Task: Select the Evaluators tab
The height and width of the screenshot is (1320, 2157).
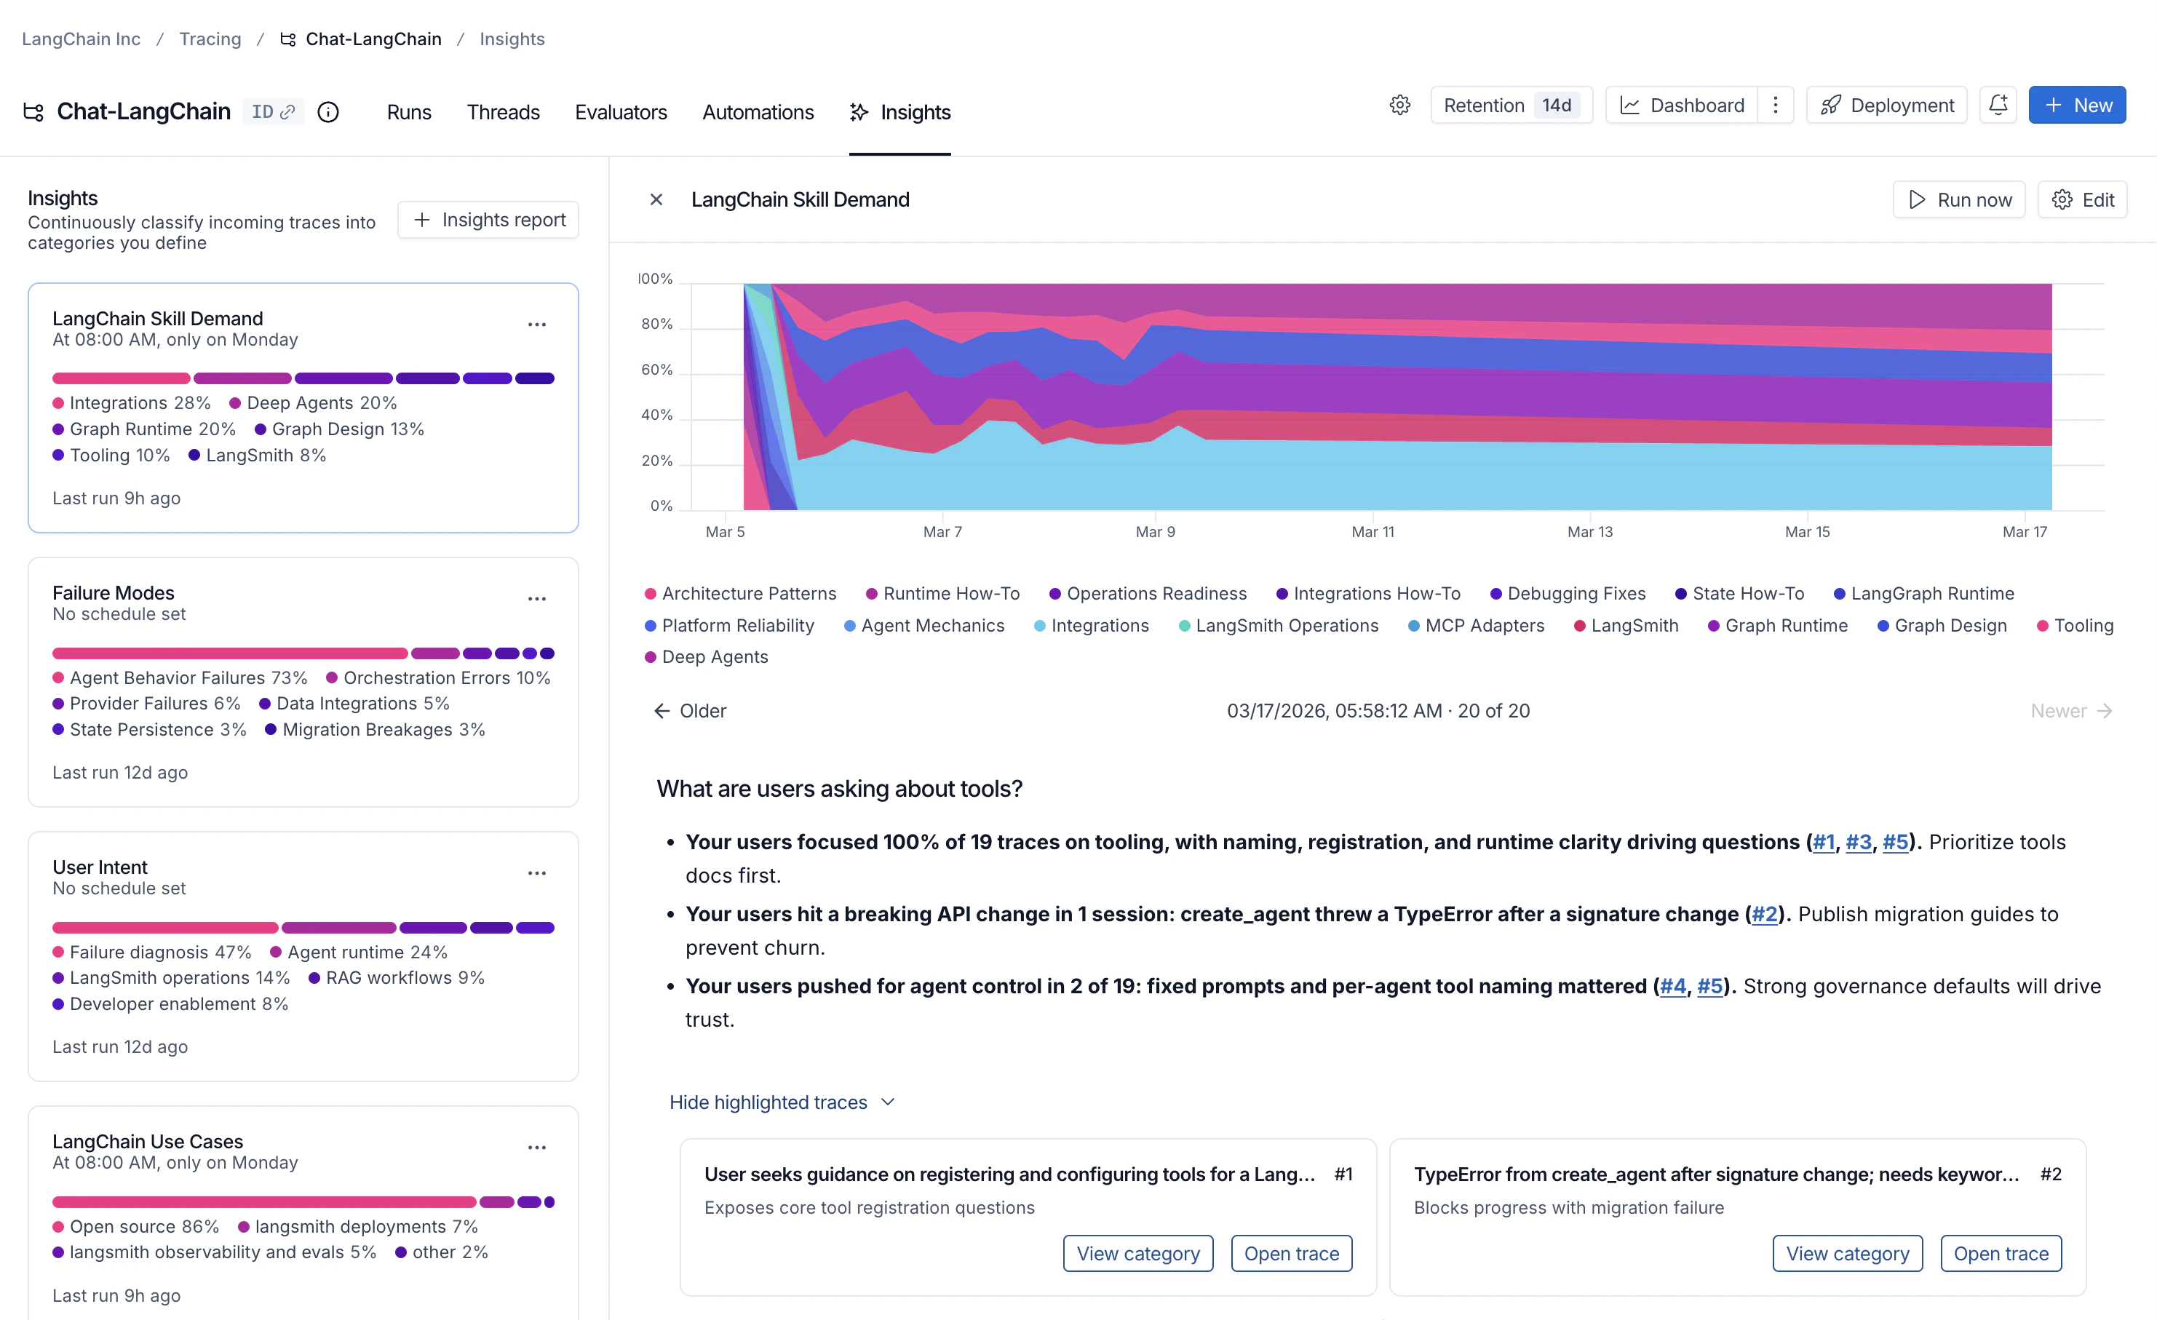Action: (621, 112)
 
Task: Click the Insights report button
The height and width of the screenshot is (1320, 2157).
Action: (488, 220)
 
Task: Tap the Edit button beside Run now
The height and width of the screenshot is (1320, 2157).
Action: (2083, 199)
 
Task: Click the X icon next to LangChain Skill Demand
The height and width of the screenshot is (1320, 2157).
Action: (656, 199)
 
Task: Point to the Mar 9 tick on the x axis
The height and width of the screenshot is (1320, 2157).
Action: (1155, 531)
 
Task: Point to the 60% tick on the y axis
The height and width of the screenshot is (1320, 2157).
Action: (656, 370)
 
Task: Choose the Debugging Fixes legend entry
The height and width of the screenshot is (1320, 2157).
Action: (1567, 594)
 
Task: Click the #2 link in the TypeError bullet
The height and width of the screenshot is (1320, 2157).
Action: (1764, 914)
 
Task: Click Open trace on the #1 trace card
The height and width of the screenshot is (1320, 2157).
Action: (1291, 1254)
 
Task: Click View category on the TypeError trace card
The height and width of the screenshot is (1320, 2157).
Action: (1847, 1254)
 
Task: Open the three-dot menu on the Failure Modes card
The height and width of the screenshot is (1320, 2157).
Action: (536, 599)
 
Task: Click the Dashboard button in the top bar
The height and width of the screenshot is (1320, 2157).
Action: (1682, 105)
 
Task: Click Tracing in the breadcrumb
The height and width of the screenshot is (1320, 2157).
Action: (210, 39)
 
